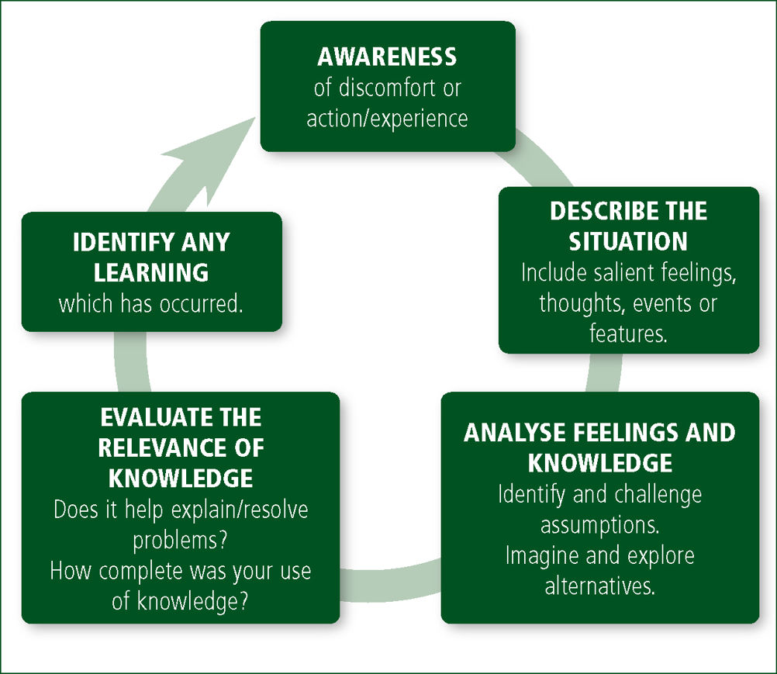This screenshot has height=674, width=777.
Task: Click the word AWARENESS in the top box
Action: point(386,57)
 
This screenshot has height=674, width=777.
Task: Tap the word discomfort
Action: point(380,88)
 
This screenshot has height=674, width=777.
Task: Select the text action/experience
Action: point(387,119)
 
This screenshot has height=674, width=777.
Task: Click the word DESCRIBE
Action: point(599,211)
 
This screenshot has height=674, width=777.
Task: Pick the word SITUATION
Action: point(628,241)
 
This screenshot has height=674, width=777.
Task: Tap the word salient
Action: point(622,272)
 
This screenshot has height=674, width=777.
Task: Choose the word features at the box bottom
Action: point(628,334)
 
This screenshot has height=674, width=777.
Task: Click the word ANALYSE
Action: point(515,433)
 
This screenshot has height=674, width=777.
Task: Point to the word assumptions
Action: point(599,525)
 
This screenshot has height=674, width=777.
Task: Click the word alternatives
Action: point(599,586)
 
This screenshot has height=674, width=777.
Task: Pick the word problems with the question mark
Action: point(180,541)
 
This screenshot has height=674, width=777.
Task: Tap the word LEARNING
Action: point(151,272)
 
